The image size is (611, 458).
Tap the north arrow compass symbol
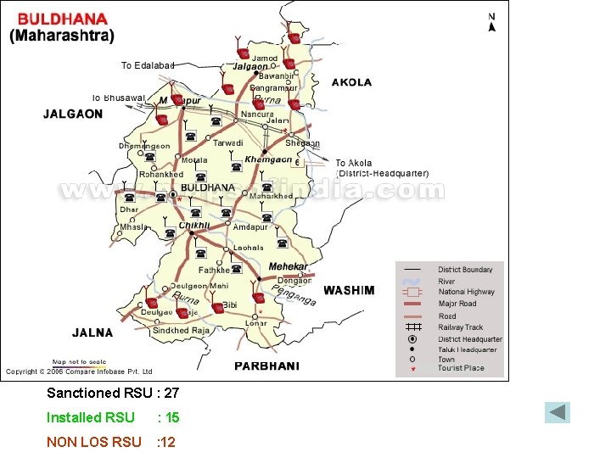pos(491,22)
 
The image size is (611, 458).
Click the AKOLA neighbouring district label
pos(351,82)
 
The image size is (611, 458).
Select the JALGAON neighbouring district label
pos(73,114)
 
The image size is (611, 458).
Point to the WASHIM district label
pos(348,290)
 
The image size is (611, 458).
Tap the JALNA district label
pos(92,332)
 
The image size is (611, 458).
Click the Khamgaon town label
pos(267,159)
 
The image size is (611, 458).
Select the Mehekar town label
pos(289,266)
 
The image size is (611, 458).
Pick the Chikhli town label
pos(193,226)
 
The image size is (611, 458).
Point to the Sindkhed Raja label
pos(181,331)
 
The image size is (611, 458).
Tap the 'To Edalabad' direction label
pos(148,65)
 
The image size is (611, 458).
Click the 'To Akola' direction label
pos(354,163)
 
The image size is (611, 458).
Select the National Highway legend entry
pos(466,292)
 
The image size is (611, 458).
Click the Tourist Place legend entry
pos(461,369)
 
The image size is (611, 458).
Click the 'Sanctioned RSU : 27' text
pos(113,393)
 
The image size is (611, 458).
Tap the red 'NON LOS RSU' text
pos(93,442)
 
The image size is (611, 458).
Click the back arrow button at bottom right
pos(558,413)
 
